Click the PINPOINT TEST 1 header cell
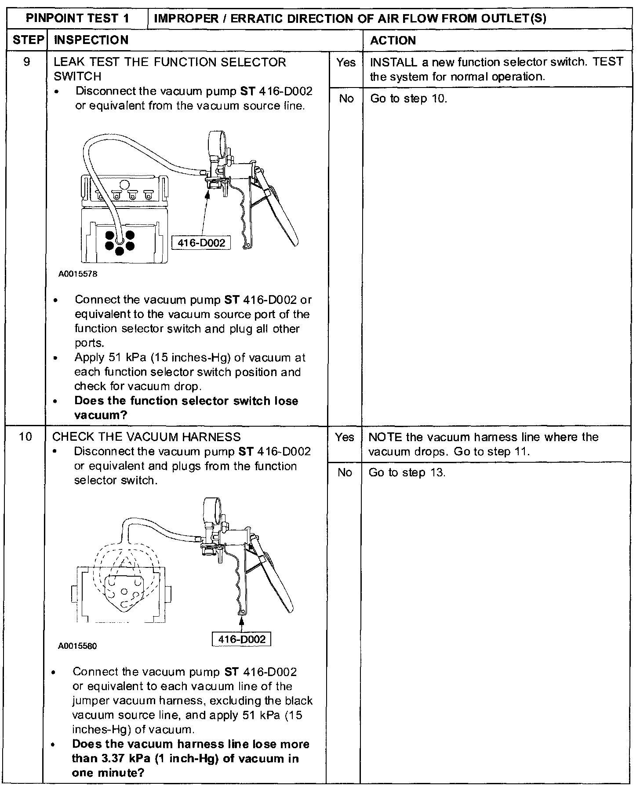(x=77, y=18)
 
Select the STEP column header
(x=27, y=40)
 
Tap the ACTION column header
(x=393, y=40)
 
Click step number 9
(x=26, y=62)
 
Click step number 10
(x=25, y=436)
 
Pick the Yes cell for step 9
(x=345, y=62)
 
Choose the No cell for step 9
(x=346, y=99)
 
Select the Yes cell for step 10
(x=344, y=437)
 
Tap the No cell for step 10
(x=345, y=472)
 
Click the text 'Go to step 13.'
(x=407, y=472)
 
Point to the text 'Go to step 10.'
(x=409, y=99)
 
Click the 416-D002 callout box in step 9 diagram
(x=201, y=242)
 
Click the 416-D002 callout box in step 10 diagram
(x=241, y=639)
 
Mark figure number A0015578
(x=78, y=274)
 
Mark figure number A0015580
(x=77, y=646)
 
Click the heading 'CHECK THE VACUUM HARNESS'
(x=146, y=437)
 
